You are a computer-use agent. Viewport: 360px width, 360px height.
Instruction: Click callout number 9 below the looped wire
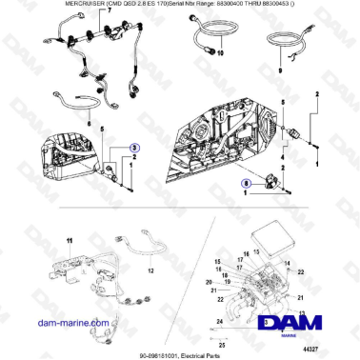click(280, 70)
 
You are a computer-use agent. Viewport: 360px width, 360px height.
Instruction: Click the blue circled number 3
click(134, 149)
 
